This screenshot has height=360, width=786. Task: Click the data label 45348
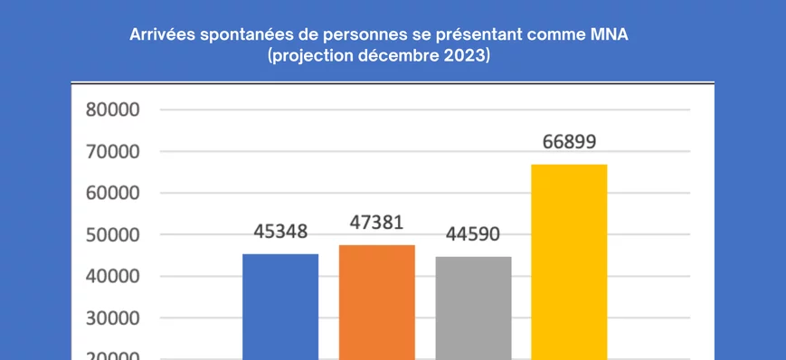[x=280, y=232]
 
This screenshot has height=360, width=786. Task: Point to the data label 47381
[x=376, y=223]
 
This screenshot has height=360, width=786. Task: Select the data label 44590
[x=473, y=234]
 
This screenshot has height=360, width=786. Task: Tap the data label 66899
[x=569, y=142]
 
